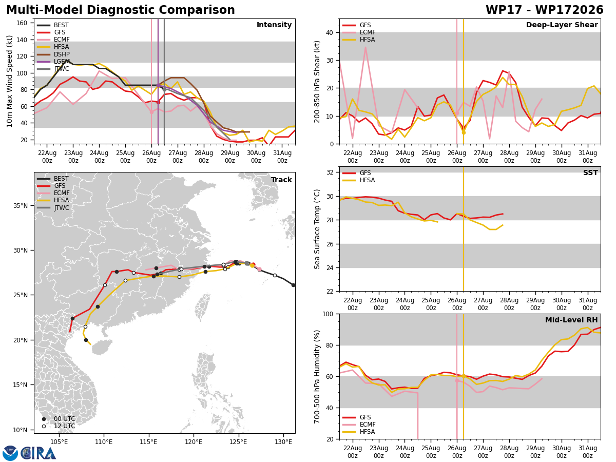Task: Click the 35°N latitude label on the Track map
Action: tap(21, 206)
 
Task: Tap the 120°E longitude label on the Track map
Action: tap(194, 442)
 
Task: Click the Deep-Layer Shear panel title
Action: tap(562, 25)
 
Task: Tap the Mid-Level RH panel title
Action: tap(571, 320)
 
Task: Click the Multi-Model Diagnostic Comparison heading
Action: tap(121, 10)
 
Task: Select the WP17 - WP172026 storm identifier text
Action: tap(545, 10)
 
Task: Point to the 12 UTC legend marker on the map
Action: tap(44, 426)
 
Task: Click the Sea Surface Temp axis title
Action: tap(317, 229)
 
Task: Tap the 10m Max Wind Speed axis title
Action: tap(9, 81)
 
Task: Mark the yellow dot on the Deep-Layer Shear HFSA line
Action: tap(464, 132)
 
